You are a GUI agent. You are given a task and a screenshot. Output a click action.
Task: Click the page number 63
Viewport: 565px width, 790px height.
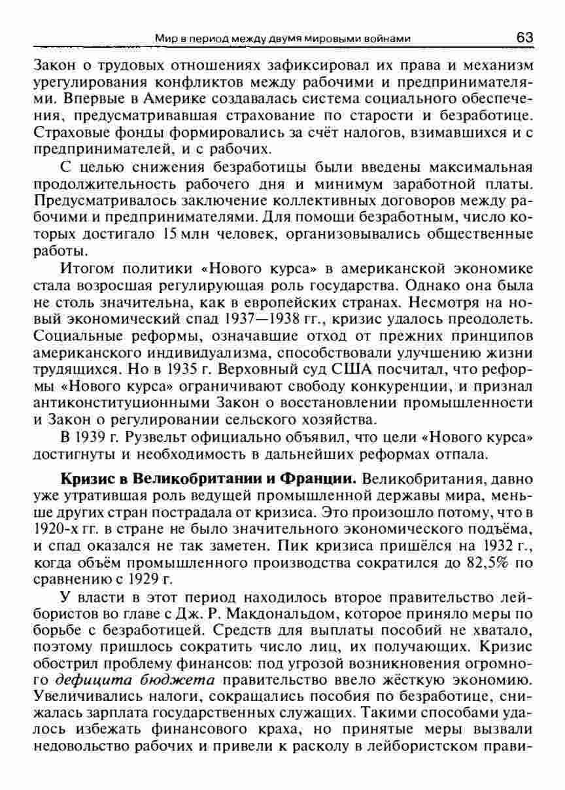tap(524, 38)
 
